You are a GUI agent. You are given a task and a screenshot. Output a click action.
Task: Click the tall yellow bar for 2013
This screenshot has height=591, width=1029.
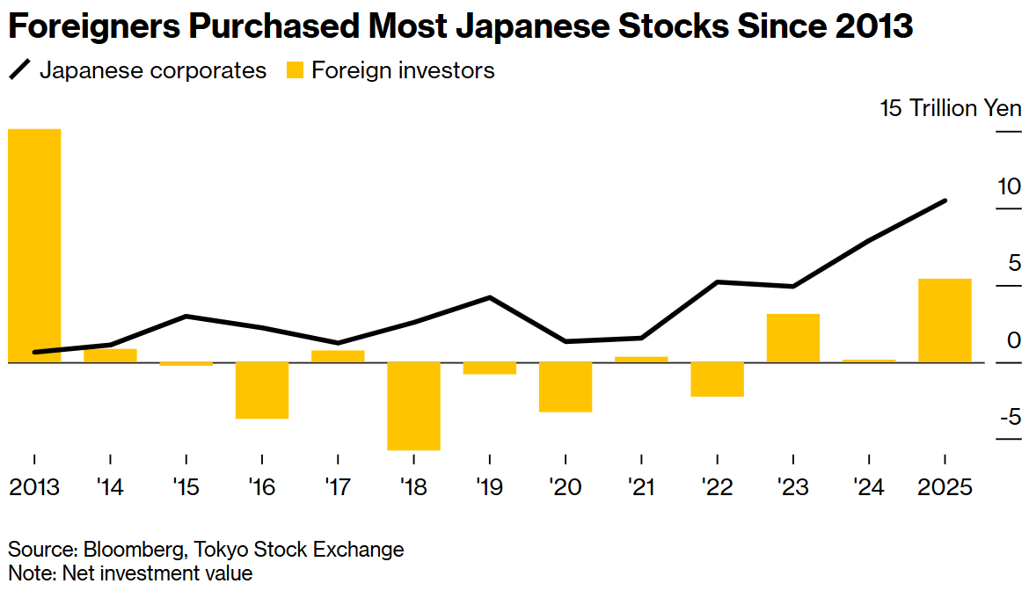[x=34, y=245]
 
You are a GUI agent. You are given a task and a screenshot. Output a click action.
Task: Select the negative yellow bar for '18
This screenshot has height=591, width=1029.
[x=413, y=405]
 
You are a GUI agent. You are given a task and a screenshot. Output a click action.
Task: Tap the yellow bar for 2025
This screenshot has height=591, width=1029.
[x=945, y=320]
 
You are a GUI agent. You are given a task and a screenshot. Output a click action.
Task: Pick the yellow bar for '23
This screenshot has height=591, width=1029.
[x=793, y=338]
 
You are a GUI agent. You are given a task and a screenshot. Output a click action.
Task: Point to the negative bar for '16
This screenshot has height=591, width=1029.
[x=262, y=390]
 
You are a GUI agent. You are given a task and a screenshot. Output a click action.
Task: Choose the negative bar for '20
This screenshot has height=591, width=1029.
[x=566, y=386]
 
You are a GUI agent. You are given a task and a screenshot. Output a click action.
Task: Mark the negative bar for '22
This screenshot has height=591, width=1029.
[x=718, y=379]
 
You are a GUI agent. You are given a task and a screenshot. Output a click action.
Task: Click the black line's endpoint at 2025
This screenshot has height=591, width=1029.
[x=945, y=201]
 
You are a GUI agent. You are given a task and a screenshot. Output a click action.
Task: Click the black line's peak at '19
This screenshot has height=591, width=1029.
[x=489, y=297]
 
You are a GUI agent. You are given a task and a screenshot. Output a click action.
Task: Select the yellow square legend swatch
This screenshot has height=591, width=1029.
[x=295, y=71]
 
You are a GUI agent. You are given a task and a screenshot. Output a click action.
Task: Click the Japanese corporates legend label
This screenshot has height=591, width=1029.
[x=152, y=70]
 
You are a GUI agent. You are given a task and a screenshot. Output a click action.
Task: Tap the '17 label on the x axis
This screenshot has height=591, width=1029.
[x=338, y=486]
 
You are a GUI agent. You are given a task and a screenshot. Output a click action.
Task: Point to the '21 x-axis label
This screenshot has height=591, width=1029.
[x=641, y=486]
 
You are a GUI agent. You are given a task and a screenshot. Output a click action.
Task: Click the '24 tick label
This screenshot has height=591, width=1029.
[x=869, y=486]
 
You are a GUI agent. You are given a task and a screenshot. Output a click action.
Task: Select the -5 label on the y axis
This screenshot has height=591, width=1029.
[x=1009, y=416]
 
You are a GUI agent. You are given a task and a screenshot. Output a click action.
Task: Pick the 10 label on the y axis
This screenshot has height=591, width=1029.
[x=1009, y=186]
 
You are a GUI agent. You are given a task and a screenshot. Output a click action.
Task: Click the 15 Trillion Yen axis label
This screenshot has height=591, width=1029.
[x=951, y=108]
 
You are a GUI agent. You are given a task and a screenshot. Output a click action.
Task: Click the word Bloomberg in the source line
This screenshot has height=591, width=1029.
[x=132, y=550]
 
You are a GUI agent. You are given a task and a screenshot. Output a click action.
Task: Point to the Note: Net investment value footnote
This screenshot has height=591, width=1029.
[x=130, y=573]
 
